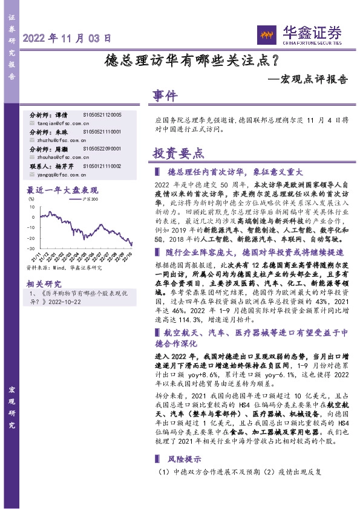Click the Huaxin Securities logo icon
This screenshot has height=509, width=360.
[x=266, y=35]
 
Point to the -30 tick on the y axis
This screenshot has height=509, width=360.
[x=31, y=247]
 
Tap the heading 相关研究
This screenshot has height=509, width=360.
[x=44, y=284]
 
